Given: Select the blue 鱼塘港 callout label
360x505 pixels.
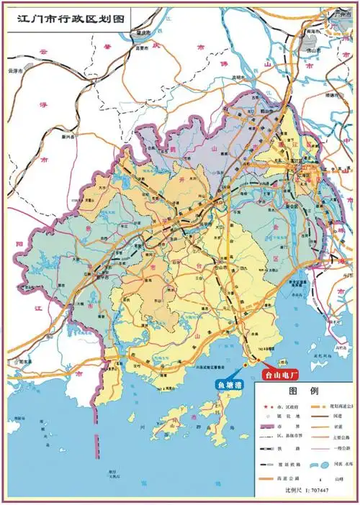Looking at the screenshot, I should [x=231, y=385].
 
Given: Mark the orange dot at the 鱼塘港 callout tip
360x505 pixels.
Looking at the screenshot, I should [x=245, y=365].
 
